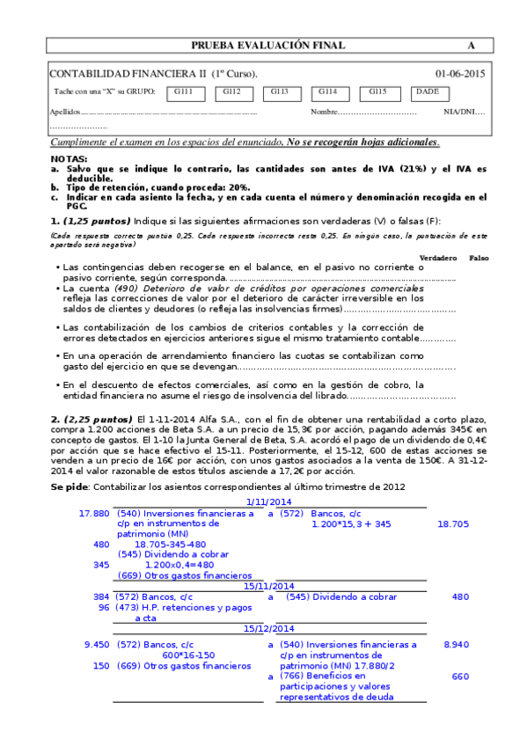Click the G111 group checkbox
pos(183,92)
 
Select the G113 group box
pos(280,92)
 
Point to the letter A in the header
pos(471,46)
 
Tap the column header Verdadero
pos(438,257)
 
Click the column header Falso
pos(479,257)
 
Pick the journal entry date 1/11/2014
pos(268,501)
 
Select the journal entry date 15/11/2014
pos(268,585)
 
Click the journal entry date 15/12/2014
pos(268,629)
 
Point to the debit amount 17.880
pos(94,513)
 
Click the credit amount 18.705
pos(453,523)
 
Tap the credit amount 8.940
pos(457,645)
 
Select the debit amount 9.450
pos(96,645)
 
